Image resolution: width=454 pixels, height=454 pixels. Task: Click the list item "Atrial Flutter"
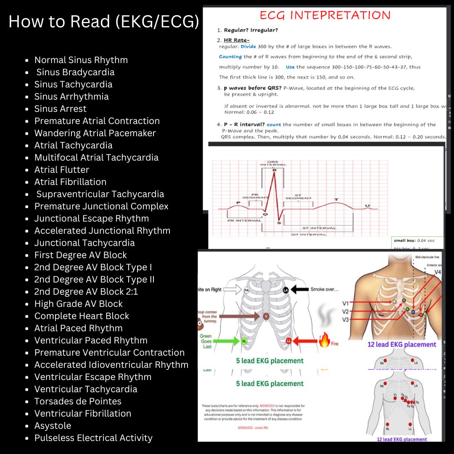[62, 170]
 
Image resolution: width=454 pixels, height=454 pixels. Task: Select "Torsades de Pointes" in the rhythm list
[78, 401]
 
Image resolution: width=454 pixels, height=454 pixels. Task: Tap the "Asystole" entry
[53, 426]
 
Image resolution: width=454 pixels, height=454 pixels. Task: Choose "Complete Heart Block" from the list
[82, 316]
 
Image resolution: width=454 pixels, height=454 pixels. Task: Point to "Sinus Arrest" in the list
[60, 109]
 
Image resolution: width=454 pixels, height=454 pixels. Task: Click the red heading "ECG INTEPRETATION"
[325, 16]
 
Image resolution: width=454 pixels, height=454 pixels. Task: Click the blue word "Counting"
[230, 57]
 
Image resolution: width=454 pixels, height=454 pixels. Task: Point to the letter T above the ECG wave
[336, 199]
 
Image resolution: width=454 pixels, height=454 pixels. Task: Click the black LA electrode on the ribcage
[286, 290]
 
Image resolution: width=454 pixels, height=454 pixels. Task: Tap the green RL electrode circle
[244, 341]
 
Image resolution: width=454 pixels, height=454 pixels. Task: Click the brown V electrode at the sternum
[266, 316]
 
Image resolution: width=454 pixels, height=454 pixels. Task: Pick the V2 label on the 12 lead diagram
[346, 312]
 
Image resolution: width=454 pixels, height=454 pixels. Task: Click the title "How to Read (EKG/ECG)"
[104, 22]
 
